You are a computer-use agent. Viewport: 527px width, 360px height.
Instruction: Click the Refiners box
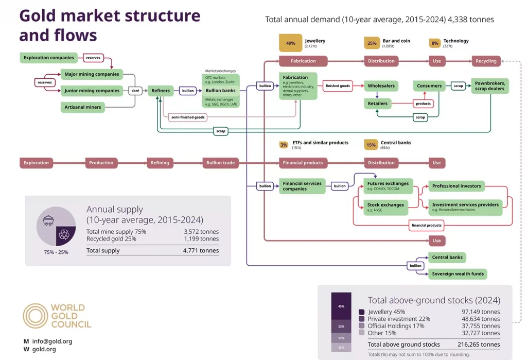(x=161, y=91)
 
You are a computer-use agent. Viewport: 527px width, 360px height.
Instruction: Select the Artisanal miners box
(x=83, y=107)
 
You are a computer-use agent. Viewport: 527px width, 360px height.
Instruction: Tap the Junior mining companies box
(x=92, y=91)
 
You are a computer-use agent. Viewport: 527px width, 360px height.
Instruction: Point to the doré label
(x=135, y=91)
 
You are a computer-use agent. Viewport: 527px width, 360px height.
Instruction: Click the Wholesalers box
(x=380, y=86)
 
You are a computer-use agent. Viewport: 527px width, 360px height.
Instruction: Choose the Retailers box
(x=378, y=104)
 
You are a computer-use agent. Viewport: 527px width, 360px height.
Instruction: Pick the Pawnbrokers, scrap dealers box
(x=490, y=86)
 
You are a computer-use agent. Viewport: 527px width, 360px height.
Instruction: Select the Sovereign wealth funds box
(x=458, y=273)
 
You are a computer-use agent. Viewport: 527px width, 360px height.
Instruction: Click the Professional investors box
(x=456, y=186)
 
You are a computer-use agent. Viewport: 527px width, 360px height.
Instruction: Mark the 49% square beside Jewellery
(x=291, y=43)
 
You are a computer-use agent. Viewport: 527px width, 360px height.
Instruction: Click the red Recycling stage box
(x=486, y=61)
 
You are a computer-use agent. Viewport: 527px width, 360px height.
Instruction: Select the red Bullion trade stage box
(x=220, y=163)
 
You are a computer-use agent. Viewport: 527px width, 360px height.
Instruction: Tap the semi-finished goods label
(x=187, y=117)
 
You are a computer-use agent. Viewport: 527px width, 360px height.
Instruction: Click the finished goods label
(x=338, y=86)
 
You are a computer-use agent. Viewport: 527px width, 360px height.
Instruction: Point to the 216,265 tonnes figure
(x=479, y=345)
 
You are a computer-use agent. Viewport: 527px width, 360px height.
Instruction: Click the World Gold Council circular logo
(x=36, y=316)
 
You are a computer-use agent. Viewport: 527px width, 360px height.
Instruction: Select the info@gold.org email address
(x=52, y=341)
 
